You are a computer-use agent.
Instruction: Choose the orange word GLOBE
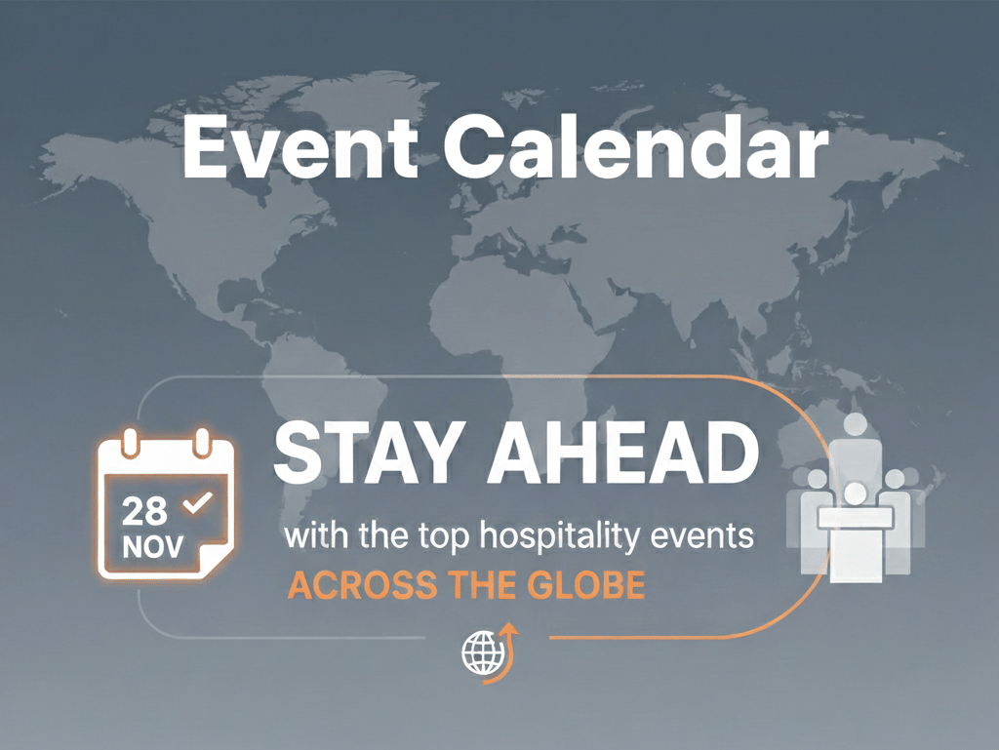coord(583,585)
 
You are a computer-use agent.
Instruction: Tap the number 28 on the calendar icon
coord(144,511)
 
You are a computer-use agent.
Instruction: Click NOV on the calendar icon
coord(153,547)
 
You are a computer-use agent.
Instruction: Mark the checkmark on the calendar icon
coord(197,503)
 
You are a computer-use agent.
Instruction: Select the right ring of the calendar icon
coord(202,443)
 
